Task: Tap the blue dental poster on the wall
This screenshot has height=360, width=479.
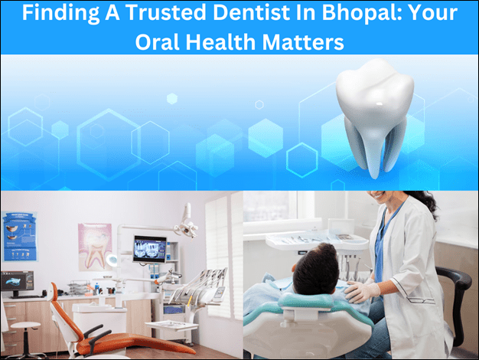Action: coord(20,237)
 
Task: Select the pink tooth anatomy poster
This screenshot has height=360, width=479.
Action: coord(95,247)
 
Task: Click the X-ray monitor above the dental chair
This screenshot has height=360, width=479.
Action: coord(150,249)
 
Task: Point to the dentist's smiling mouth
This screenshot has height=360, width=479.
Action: coord(378,195)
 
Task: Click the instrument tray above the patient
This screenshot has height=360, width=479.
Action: coord(317,241)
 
